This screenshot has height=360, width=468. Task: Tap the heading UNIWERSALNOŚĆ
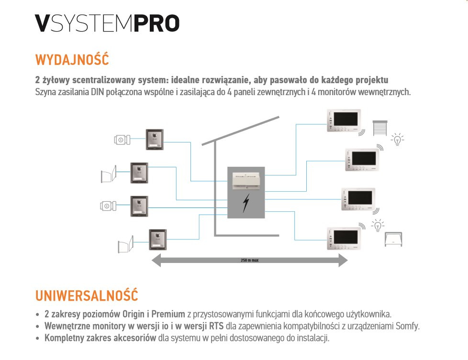click(x=87, y=295)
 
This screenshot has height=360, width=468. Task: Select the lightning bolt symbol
click(x=245, y=204)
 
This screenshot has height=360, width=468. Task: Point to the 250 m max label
click(x=249, y=261)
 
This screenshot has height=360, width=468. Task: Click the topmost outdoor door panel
click(x=155, y=139)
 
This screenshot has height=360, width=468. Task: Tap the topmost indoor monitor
click(x=344, y=120)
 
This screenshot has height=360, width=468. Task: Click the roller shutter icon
click(x=379, y=128)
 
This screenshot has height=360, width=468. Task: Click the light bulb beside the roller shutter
click(x=397, y=139)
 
